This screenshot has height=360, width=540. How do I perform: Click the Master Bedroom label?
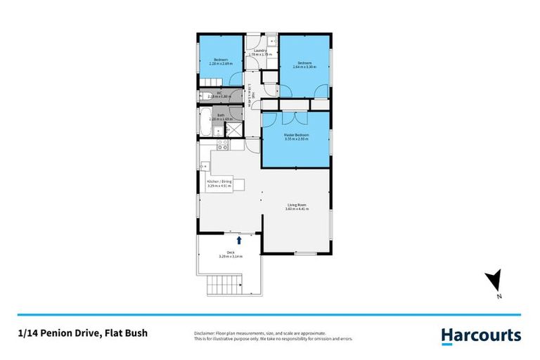[x=296, y=135]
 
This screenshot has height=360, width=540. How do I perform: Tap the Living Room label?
[x=296, y=205]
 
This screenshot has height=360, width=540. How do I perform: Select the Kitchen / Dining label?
[x=219, y=181]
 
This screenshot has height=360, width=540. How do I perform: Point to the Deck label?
[x=230, y=252]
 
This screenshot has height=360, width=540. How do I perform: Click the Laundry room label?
[x=258, y=51]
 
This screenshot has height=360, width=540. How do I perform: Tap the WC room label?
[x=219, y=93]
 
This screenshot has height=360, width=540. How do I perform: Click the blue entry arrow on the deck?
[x=240, y=240]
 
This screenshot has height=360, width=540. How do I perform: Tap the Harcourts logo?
[x=481, y=335]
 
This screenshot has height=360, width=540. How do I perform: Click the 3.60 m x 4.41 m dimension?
[x=296, y=209]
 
